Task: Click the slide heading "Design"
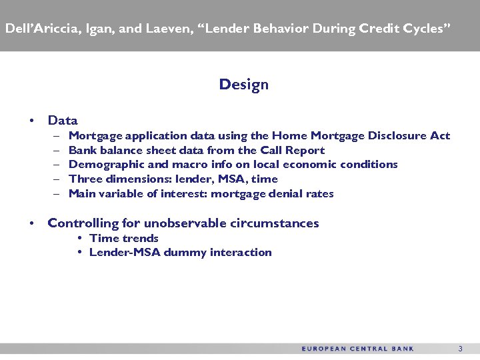[243, 85]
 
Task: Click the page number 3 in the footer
[460, 349]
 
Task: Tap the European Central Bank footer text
[357, 349]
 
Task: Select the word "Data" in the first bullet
[63, 121]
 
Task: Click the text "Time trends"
[124, 238]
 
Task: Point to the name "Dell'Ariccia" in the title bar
[39, 29]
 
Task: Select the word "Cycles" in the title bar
[426, 29]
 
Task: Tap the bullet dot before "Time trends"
[79, 239]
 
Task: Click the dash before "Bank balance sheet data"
[57, 151]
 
